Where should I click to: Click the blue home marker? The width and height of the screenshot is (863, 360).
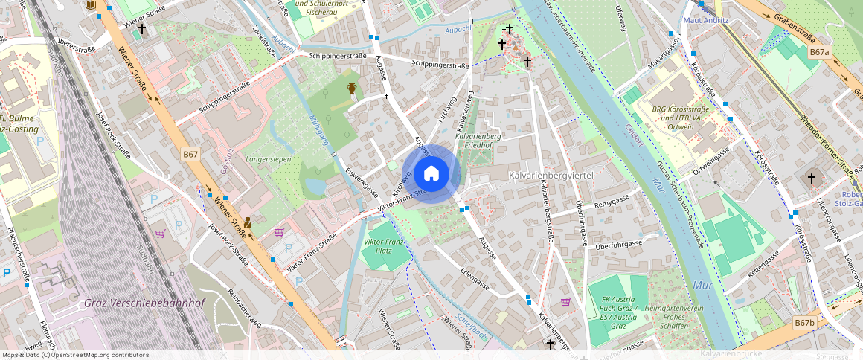click(x=431, y=174)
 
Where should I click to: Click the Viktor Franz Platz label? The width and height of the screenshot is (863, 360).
click(x=385, y=247)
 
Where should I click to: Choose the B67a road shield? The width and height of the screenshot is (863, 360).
click(x=819, y=52)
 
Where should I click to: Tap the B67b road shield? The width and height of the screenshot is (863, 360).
click(x=803, y=323)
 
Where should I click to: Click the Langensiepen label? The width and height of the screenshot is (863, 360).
click(x=268, y=159)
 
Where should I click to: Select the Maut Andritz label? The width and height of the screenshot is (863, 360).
click(x=705, y=20)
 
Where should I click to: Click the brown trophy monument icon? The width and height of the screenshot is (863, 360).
click(x=352, y=89)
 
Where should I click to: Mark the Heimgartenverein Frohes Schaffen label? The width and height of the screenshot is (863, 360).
click(x=675, y=313)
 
